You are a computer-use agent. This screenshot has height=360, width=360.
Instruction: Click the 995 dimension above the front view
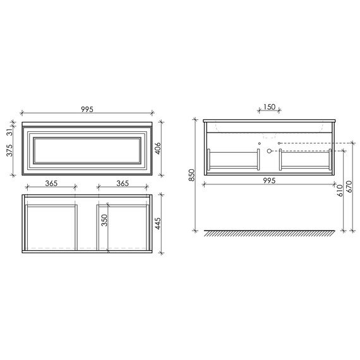[87, 109]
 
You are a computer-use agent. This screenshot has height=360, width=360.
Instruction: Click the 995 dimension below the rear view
[269, 181]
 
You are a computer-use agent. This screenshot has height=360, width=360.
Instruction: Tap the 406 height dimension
[158, 148]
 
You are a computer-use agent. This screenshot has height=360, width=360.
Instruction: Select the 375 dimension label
[9, 150]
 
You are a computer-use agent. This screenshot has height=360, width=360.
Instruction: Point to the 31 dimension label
[9, 132]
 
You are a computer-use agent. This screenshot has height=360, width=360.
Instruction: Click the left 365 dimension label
[51, 183]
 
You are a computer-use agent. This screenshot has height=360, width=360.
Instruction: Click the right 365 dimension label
[123, 183]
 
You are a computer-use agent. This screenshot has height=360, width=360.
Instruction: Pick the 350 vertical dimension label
[104, 220]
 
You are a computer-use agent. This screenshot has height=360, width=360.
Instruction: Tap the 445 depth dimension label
[158, 224]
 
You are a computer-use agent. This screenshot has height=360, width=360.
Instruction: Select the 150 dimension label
[269, 107]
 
